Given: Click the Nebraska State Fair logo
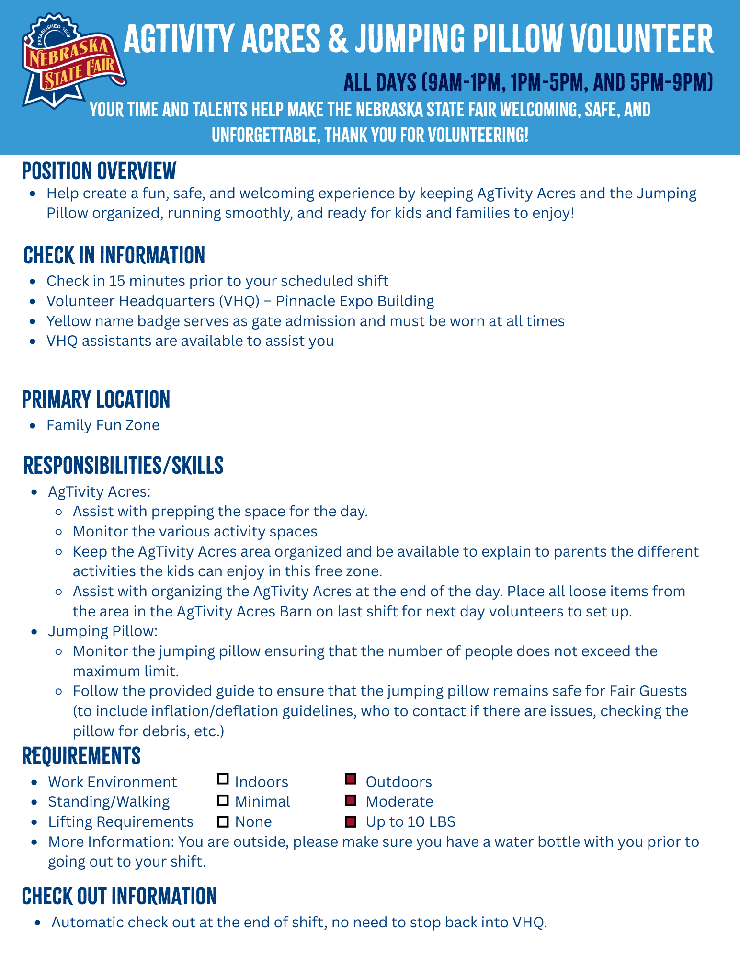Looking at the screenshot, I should (73, 61).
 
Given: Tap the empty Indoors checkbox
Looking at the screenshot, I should (223, 779).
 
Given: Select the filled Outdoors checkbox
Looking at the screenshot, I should (351, 779).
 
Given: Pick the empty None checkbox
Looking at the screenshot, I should (223, 821).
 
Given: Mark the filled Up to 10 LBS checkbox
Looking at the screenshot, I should (351, 821).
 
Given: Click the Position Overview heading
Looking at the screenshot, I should (99, 171).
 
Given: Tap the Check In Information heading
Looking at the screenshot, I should (114, 255).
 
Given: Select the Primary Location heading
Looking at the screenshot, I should (96, 399).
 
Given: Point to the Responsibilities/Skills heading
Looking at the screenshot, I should (123, 466).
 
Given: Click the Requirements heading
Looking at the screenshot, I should (81, 756).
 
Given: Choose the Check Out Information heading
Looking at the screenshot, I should (119, 896).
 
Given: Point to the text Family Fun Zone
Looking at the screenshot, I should (103, 425).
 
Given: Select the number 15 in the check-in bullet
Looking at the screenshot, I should (117, 281).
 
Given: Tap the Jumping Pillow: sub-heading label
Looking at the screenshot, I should (102, 631).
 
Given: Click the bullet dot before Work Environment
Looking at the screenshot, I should (34, 782).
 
